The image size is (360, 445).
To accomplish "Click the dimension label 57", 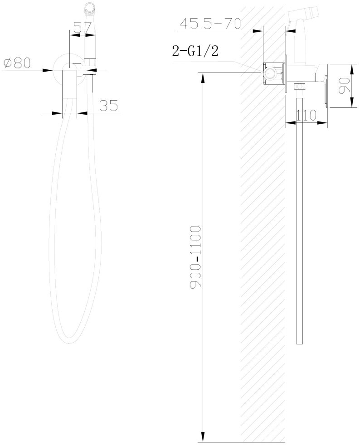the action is tap(82, 28).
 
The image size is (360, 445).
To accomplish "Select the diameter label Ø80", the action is tap(17, 63).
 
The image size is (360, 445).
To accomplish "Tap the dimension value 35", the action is tap(108, 106).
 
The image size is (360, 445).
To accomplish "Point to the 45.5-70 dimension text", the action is tap(210, 24).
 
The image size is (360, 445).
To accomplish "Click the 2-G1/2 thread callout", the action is tap(195, 51).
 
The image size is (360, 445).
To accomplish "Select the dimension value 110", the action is tap(306, 115).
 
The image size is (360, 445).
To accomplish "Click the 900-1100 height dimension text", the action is tap(195, 257).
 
